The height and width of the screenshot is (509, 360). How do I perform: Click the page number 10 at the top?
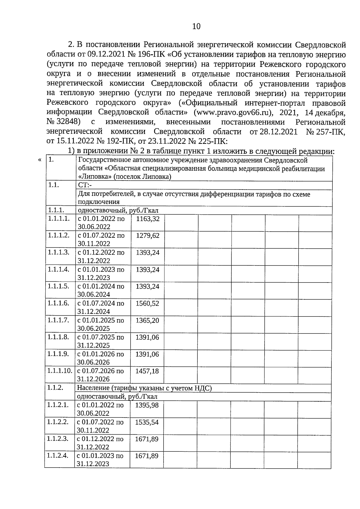point(196,26)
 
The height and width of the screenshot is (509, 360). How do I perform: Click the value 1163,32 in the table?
point(148,219)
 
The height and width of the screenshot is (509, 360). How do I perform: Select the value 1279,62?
point(148,236)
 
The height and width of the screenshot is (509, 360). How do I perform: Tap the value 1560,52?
point(147,304)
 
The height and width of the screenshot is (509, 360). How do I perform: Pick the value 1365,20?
point(147,320)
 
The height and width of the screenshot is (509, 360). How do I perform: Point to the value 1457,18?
point(147,371)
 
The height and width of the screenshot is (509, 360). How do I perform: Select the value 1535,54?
point(147,422)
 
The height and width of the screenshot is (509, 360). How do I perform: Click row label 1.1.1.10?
point(60,371)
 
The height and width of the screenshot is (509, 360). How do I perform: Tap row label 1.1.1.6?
point(58,303)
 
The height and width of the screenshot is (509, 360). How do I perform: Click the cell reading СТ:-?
point(85,185)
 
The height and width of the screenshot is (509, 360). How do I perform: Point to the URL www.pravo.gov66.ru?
point(232,112)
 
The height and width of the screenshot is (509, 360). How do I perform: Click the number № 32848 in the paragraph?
point(64,122)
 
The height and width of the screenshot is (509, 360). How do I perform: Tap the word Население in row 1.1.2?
point(93,388)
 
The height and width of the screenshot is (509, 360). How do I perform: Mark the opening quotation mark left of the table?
point(40,160)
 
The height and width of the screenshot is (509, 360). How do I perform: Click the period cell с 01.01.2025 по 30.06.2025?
point(100,324)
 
